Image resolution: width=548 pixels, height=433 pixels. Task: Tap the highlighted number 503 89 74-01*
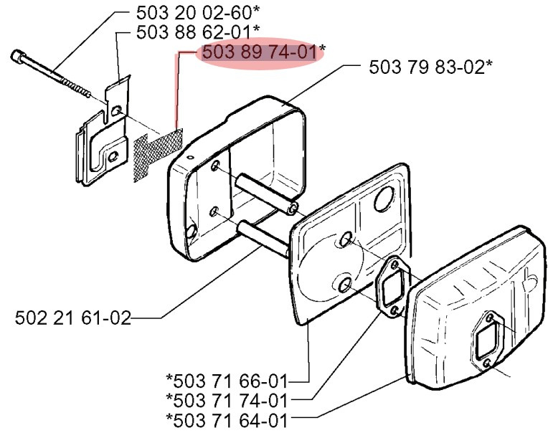click(263, 52)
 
